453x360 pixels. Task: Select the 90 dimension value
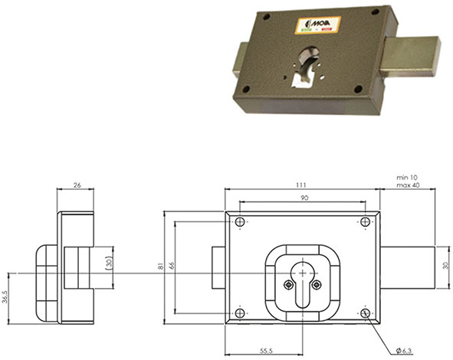pyautogui.click(x=304, y=198)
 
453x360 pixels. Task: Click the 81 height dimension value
pyautogui.click(x=161, y=266)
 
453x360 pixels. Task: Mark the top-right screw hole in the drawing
pyautogui.click(x=365, y=222)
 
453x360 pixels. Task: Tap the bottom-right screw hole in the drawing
pyautogui.click(x=365, y=314)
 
